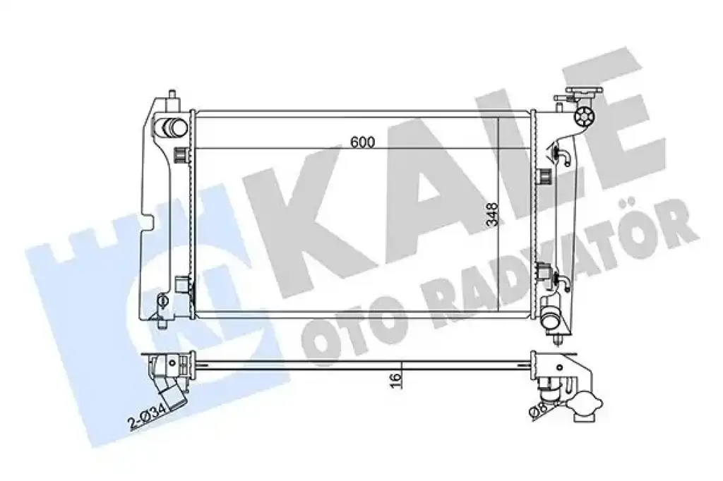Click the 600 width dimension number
(362, 142)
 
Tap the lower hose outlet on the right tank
(551, 319)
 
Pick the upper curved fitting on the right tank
(563, 156)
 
